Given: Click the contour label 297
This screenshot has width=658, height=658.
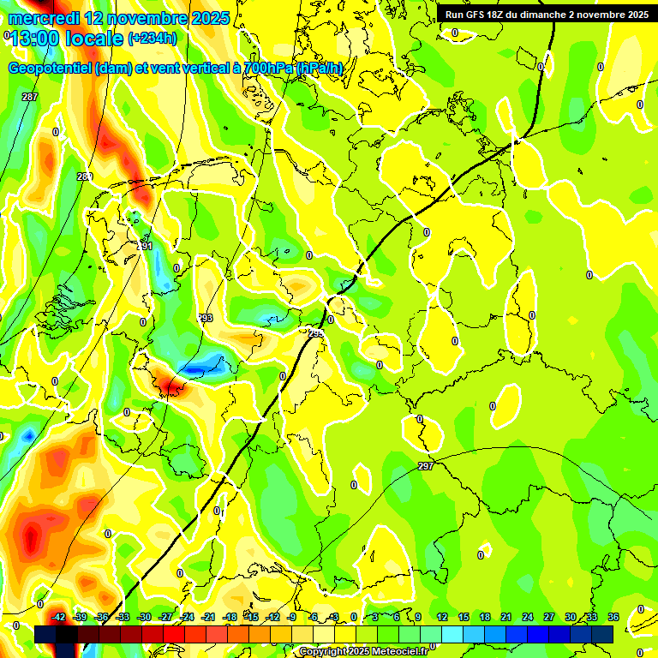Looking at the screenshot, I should coord(426,466).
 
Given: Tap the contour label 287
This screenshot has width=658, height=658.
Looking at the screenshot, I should coord(30,97).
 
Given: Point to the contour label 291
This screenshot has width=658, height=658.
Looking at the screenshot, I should coord(145,246).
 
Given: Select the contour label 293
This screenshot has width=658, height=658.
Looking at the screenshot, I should coord(206,318).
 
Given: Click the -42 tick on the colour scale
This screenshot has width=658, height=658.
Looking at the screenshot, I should coord(59,617).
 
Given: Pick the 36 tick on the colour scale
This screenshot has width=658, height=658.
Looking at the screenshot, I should coord(613,617).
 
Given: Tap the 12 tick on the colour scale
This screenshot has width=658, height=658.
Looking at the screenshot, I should coord(442,617).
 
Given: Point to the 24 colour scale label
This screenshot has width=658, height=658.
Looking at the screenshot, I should coord(528,617).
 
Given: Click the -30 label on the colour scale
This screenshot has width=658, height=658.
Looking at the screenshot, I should coord(144,617).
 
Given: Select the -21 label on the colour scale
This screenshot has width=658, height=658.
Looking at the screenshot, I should coord(208,617).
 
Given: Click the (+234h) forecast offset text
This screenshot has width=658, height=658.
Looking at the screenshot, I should coord(153,39).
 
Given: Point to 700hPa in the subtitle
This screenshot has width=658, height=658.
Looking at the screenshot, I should coord(269,68).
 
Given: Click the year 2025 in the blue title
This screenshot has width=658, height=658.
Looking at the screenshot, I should coord(206,18).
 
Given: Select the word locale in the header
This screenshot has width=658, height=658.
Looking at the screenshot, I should coord(95,39).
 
